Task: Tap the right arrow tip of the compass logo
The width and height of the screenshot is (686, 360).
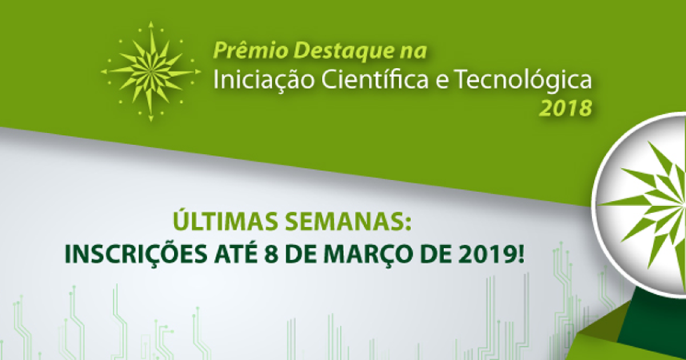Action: pyautogui.click(x=199, y=71)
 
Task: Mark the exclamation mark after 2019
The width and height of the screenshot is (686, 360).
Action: pyautogui.click(x=519, y=255)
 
